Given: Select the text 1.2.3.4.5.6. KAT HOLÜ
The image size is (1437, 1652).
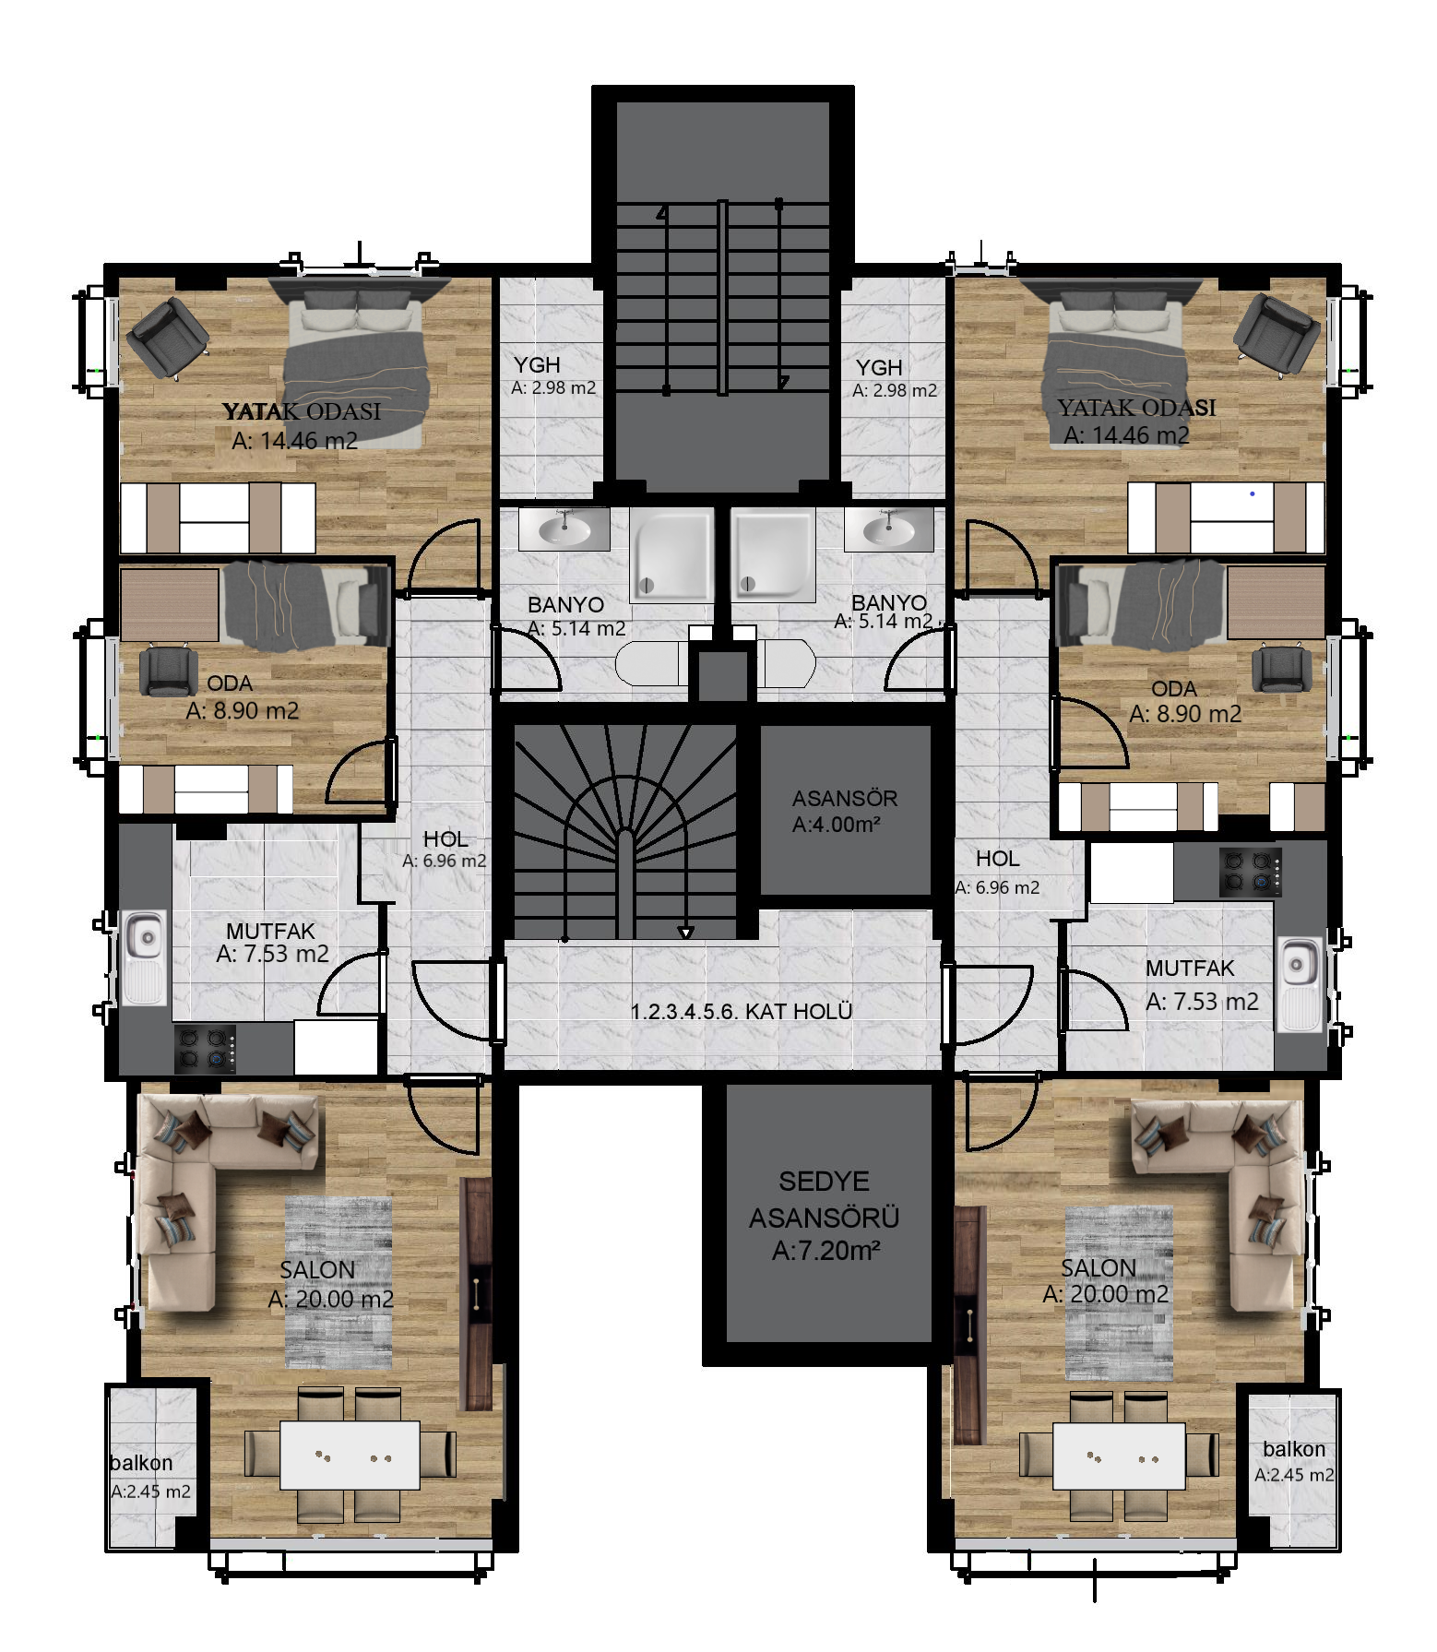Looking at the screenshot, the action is (741, 1011).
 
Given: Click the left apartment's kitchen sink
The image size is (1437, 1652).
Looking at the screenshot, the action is (144, 957).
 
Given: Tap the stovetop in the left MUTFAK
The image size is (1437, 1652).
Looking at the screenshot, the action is (206, 1049).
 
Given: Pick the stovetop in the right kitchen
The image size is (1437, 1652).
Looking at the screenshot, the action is (1251, 873).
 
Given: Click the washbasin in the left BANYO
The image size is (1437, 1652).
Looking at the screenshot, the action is (564, 529).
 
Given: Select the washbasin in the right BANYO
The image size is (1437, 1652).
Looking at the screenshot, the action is (888, 529).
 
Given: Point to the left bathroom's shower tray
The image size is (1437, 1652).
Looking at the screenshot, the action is (671, 554).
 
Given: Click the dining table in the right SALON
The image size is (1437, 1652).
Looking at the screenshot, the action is (1119, 1456).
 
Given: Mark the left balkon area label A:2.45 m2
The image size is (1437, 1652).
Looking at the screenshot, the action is (151, 1492).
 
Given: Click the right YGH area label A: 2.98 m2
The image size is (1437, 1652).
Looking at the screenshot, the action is (895, 390).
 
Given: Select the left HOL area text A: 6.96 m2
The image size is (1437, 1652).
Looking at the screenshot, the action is (445, 861).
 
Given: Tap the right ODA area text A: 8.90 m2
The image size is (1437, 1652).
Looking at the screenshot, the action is (1185, 714).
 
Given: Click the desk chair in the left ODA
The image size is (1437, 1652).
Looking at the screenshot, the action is (168, 671).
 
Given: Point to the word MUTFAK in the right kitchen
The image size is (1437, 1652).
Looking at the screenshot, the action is (1190, 969).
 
